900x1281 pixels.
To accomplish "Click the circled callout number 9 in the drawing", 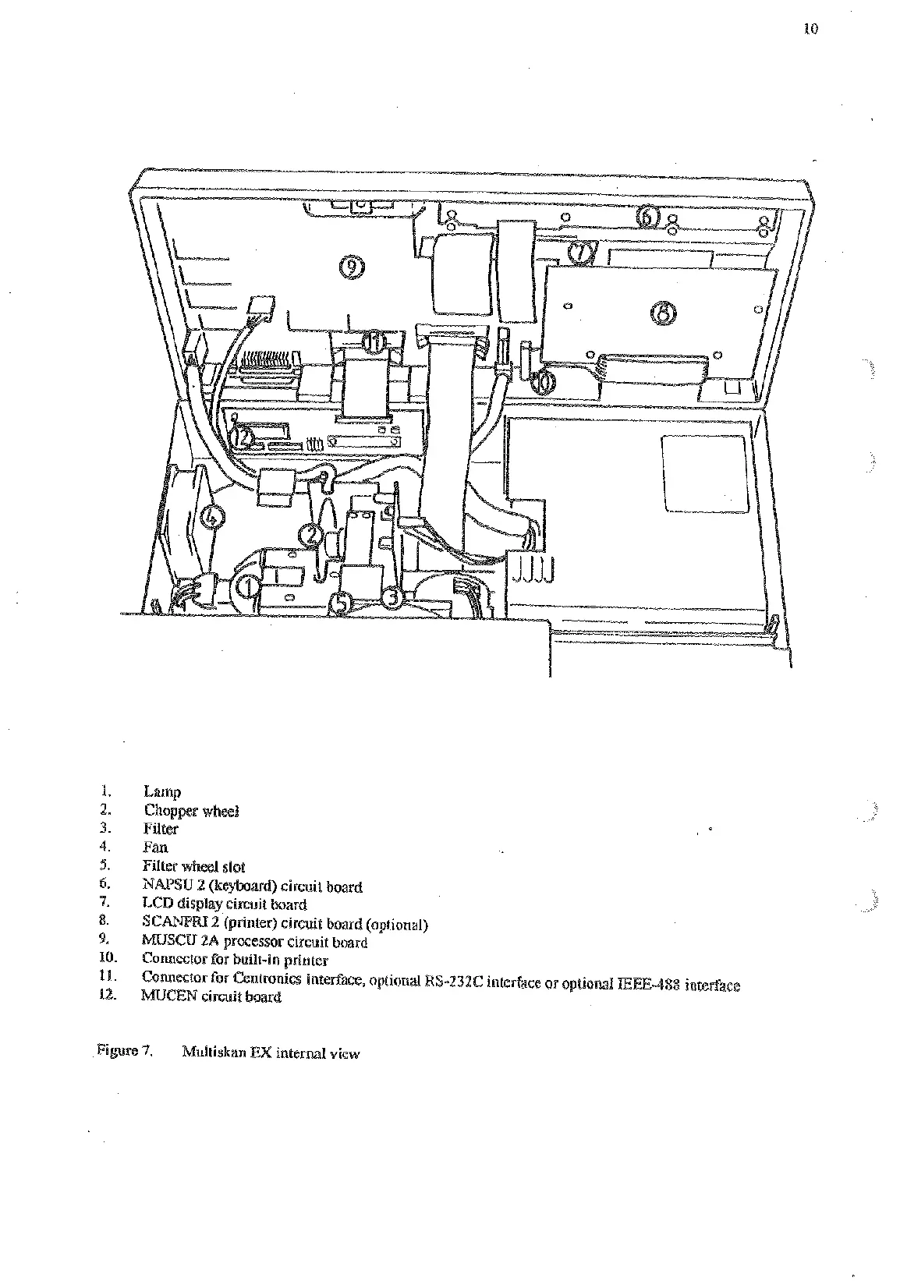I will [x=353, y=267].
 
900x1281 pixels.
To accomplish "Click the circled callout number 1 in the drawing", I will [x=247, y=584].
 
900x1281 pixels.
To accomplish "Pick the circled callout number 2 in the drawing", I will [x=310, y=535].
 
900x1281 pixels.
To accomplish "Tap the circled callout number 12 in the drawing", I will [x=243, y=438].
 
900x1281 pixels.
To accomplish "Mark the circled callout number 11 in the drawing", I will [x=375, y=341].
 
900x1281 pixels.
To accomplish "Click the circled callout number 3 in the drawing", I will [x=392, y=596].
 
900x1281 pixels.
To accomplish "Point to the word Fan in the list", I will [x=155, y=848].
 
